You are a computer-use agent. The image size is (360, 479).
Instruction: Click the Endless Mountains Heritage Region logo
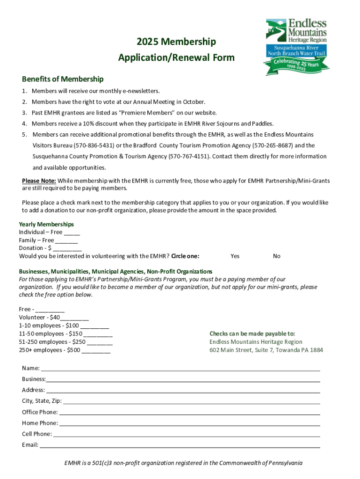tap(296, 46)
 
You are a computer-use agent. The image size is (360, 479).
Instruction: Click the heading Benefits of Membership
tap(63, 79)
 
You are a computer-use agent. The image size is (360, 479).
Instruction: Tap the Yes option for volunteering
tap(235, 256)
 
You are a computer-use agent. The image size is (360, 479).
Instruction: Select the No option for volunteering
tap(277, 256)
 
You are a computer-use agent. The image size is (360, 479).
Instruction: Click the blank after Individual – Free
tap(72, 232)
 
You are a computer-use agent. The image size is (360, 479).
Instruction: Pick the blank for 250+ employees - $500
tap(96, 350)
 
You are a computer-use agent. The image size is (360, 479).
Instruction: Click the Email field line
tap(180, 445)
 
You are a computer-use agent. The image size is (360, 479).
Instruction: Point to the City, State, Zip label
tap(41, 401)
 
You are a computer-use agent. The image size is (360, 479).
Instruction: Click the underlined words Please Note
tap(39, 181)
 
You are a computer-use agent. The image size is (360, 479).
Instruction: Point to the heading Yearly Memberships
tap(46, 225)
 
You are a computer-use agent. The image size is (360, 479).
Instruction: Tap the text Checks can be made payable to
tap(252, 334)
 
